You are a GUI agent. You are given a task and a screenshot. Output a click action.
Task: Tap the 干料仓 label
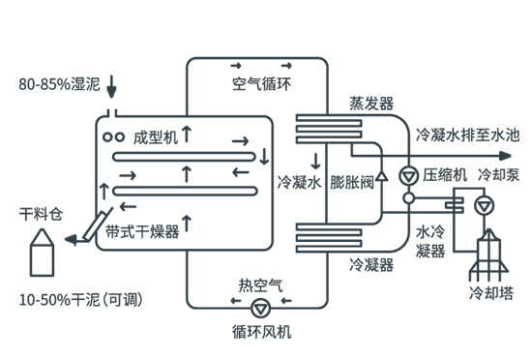39,212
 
